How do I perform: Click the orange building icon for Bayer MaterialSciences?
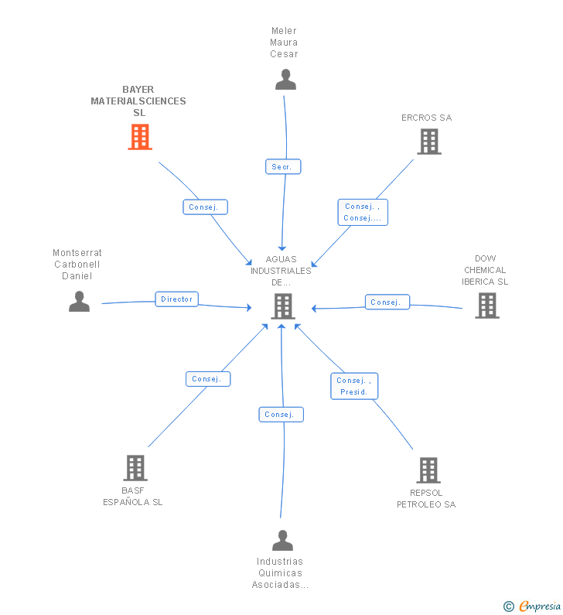(x=140, y=137)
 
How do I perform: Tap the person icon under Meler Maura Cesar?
(x=285, y=80)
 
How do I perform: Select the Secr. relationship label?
(x=283, y=166)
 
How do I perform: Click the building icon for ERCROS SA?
(x=429, y=142)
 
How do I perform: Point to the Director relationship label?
(x=177, y=299)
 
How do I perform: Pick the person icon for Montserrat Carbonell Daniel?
(x=79, y=301)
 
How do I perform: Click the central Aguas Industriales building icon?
(x=283, y=306)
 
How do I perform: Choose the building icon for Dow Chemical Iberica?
(x=487, y=306)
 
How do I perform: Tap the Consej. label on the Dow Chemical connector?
(x=387, y=302)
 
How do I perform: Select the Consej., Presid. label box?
(x=354, y=386)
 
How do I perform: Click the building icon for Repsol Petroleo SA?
(x=428, y=470)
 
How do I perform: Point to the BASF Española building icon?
(x=135, y=468)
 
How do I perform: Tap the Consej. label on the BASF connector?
(x=208, y=379)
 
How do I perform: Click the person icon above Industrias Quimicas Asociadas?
(x=283, y=541)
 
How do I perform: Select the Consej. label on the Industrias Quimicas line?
(x=281, y=415)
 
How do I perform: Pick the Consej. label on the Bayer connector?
(x=206, y=207)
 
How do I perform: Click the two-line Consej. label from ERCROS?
(x=363, y=212)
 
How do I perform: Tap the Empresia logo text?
(x=540, y=606)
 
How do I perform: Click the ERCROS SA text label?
(x=427, y=118)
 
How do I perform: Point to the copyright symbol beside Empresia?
(x=509, y=606)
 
